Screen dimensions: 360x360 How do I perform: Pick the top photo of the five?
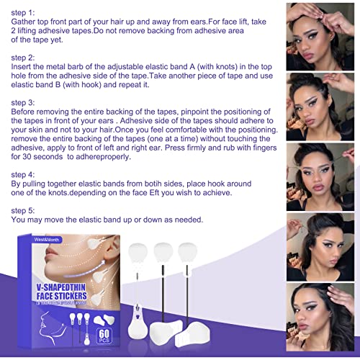click(322, 36)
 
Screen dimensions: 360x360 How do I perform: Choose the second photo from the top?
click(322, 107)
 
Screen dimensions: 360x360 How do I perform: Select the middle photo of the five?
click(322, 176)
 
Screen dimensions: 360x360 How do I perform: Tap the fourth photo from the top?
click(322, 247)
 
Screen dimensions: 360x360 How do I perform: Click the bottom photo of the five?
click(322, 318)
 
